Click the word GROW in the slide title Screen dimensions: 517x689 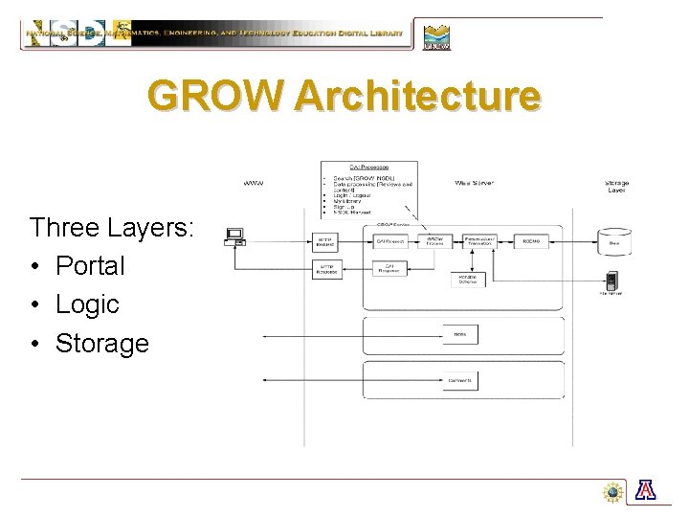[x=217, y=96]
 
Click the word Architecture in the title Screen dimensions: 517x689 [x=418, y=96]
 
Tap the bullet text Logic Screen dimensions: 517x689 [x=87, y=304]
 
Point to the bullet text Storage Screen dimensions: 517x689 [x=102, y=343]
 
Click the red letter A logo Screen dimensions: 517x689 [x=646, y=491]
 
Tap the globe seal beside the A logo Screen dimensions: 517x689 [x=613, y=492]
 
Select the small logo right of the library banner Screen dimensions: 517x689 [x=436, y=36]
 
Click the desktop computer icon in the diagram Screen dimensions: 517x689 [x=233, y=236]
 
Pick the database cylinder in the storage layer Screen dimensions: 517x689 [x=614, y=239]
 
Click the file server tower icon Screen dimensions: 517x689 [x=612, y=281]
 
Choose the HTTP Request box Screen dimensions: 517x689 [x=327, y=242]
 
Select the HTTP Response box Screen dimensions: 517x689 [x=327, y=270]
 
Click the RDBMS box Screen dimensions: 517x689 [x=531, y=242]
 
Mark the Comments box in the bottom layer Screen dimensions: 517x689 [x=460, y=380]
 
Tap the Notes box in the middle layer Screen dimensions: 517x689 [x=460, y=334]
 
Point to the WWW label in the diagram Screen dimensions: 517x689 [x=254, y=182]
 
